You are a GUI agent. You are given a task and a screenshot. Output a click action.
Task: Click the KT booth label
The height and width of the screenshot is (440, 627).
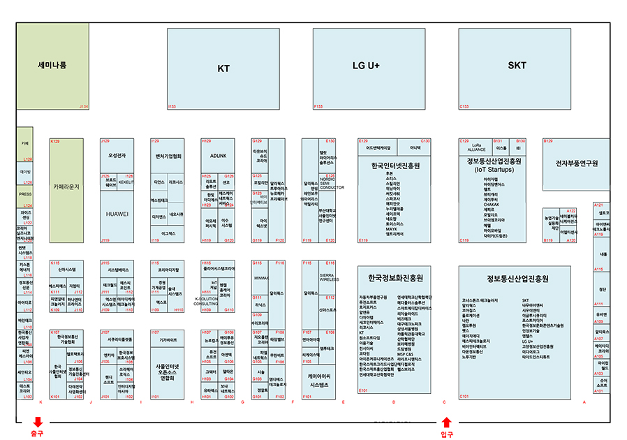point(223,68)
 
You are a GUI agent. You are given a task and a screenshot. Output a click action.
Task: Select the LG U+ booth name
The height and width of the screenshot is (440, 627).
point(366,66)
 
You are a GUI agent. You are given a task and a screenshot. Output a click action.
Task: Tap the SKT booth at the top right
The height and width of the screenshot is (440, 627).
point(517,66)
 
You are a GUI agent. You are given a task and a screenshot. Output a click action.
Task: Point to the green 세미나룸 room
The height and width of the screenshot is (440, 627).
point(52,65)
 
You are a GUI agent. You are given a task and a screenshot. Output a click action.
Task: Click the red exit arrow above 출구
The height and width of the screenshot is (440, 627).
point(37,422)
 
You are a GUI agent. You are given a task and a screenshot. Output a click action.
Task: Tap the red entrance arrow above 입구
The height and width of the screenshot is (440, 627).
point(447,422)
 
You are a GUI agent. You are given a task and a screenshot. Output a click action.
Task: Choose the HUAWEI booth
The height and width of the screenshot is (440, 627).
point(117,214)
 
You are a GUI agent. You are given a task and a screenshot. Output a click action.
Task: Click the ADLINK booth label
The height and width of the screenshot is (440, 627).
point(218,155)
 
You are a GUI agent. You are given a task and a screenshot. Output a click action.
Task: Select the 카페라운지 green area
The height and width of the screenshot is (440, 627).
point(66,187)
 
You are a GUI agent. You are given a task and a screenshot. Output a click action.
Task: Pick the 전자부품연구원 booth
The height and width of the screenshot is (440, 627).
point(577,163)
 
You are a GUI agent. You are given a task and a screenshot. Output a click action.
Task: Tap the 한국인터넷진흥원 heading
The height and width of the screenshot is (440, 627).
point(394,166)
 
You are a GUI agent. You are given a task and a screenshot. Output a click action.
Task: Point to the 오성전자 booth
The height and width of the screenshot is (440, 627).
point(117,155)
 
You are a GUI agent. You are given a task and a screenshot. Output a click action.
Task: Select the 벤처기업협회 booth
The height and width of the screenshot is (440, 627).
point(168,156)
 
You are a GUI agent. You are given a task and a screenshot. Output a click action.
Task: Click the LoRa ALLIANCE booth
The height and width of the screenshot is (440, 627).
point(476,147)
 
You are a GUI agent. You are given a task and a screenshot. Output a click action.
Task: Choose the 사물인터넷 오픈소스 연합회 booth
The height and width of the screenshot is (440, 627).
point(168,372)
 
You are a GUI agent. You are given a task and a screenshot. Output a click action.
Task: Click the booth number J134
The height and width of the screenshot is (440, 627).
point(84,106)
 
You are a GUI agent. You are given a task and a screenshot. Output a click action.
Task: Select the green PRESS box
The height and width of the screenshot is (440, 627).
point(25,194)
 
